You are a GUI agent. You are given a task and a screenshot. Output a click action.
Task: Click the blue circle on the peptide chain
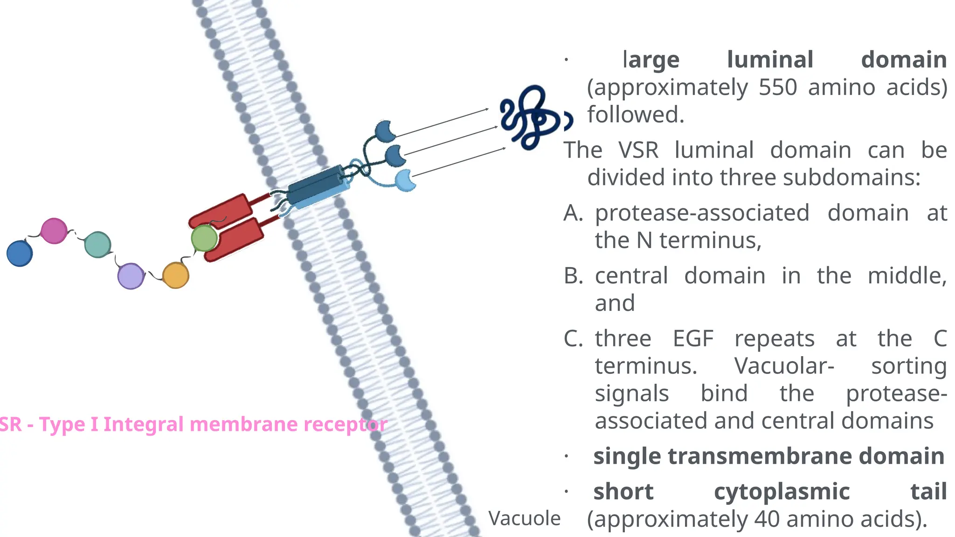(20, 253)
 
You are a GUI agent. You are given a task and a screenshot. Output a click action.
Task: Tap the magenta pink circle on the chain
(54, 231)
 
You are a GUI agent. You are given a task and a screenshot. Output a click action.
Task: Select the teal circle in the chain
(97, 244)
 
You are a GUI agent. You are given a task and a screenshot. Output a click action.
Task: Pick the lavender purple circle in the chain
(131, 276)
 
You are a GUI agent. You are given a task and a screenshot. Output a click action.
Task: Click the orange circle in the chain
(175, 275)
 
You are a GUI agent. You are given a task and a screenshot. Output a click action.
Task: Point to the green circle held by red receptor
(204, 238)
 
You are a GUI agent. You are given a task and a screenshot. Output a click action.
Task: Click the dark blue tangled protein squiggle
(529, 117)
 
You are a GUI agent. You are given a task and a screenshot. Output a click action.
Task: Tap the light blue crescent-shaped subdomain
(405, 180)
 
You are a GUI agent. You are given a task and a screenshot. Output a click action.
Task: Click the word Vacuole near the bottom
(524, 518)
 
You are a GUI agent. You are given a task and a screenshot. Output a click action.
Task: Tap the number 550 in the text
(778, 87)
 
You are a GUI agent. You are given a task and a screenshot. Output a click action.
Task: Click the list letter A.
(573, 213)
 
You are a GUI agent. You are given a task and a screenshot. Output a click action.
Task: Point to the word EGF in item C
(693, 338)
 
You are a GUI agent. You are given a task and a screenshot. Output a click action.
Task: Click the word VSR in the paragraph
(638, 150)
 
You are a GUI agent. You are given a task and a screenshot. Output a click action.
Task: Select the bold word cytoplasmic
(782, 491)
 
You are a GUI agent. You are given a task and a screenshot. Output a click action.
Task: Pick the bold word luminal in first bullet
(770, 60)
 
